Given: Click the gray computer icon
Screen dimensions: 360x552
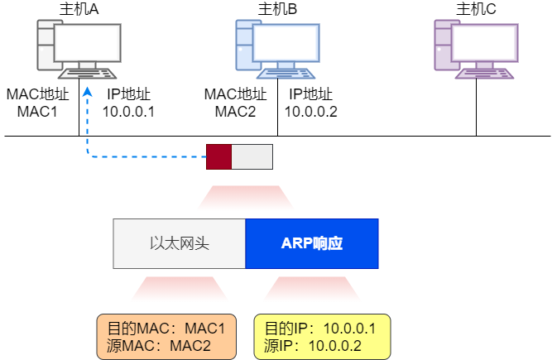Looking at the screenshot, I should [x=79, y=50].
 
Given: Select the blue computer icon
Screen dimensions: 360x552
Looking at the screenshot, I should [x=277, y=50].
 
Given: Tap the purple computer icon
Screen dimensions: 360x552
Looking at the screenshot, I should [x=476, y=50].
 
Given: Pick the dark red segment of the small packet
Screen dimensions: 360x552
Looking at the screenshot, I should [x=218, y=156].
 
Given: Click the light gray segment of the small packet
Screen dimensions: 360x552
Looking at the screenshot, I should [x=252, y=156].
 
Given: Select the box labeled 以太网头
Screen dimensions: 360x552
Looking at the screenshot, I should [x=180, y=243].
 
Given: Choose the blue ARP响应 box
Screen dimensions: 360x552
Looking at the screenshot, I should [x=312, y=243].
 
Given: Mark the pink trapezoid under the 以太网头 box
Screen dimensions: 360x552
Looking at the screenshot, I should [x=180, y=289].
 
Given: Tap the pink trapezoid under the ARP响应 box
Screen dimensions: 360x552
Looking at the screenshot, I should [x=312, y=289].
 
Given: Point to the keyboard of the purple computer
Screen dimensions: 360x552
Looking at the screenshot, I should [x=485, y=73].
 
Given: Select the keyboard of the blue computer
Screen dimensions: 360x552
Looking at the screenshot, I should [x=286, y=73].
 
